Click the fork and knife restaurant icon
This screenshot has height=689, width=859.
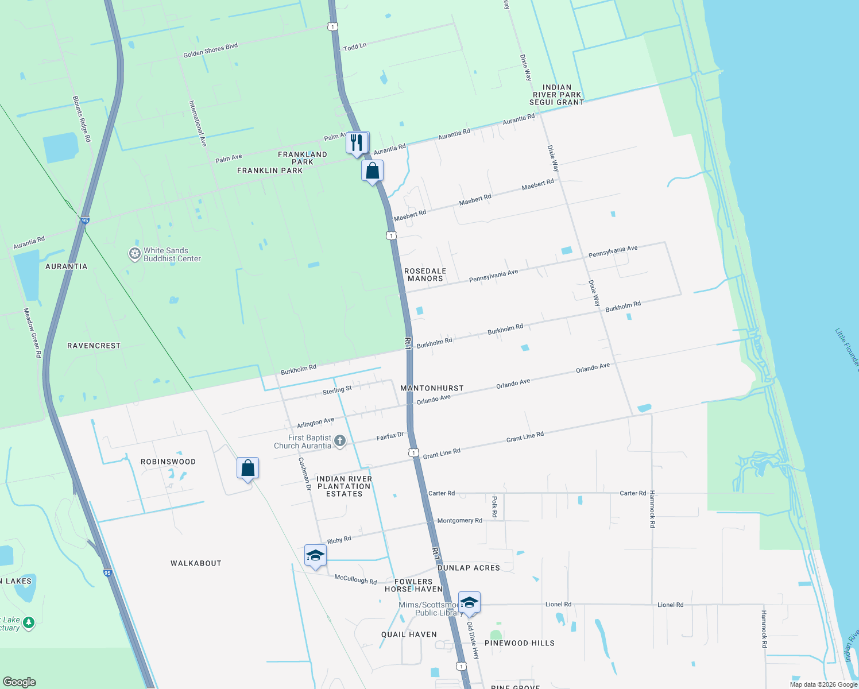click(357, 142)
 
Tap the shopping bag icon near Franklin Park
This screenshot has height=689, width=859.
click(372, 171)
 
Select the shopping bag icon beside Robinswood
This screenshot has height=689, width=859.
click(247, 469)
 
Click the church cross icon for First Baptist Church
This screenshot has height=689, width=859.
click(340, 441)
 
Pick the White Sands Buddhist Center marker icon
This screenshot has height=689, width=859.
click(134, 254)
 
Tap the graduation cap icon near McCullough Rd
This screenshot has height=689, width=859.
click(315, 555)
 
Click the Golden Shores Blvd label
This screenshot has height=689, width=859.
click(210, 50)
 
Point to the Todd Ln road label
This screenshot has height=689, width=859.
click(355, 47)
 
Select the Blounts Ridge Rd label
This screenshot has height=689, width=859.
click(82, 119)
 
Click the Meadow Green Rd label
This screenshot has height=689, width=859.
click(32, 333)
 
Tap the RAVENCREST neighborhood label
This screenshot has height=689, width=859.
click(94, 346)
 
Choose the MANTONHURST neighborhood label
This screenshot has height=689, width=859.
click(432, 388)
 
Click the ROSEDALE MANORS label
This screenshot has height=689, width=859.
click(425, 274)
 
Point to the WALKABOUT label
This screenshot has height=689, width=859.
click(196, 563)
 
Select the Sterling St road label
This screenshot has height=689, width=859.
click(337, 390)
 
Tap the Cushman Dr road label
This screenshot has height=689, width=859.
click(304, 474)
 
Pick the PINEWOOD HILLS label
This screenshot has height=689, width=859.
click(520, 643)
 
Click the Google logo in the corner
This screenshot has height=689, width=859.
click(20, 682)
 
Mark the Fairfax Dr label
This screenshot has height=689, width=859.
click(390, 436)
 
